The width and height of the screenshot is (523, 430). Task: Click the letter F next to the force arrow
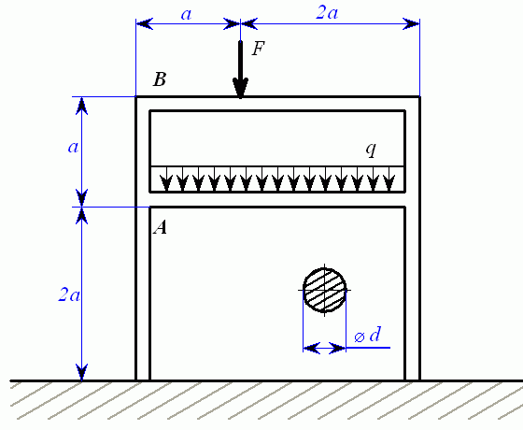[x=259, y=49]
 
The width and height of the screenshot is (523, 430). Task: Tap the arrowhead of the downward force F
[x=240, y=88]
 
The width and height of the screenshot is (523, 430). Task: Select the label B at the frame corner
[x=160, y=79]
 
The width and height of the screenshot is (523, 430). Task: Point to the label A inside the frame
[x=160, y=228]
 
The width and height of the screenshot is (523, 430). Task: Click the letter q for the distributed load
[x=371, y=150]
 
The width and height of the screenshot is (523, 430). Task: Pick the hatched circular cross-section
[x=325, y=291]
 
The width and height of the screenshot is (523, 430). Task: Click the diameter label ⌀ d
[x=368, y=335]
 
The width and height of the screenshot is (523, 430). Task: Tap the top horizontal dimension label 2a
[x=327, y=13]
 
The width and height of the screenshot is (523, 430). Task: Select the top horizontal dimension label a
[x=186, y=14]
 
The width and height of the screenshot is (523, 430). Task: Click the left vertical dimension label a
[x=73, y=147]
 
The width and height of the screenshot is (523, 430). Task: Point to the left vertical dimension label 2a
[x=69, y=294]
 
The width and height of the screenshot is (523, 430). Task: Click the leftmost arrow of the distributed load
[x=166, y=179]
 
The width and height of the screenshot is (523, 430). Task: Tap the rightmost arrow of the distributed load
[x=389, y=179]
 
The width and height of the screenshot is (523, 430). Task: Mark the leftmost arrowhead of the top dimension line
[x=145, y=24]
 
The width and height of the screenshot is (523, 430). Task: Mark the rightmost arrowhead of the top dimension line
[x=411, y=24]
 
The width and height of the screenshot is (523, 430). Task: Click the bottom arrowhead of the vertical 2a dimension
[x=82, y=372]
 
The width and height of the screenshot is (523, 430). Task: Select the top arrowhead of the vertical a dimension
[x=82, y=106]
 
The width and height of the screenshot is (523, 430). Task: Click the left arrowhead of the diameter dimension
[x=312, y=348]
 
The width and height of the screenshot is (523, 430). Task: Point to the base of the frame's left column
[x=143, y=380]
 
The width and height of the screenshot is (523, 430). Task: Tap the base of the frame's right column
[x=413, y=380]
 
